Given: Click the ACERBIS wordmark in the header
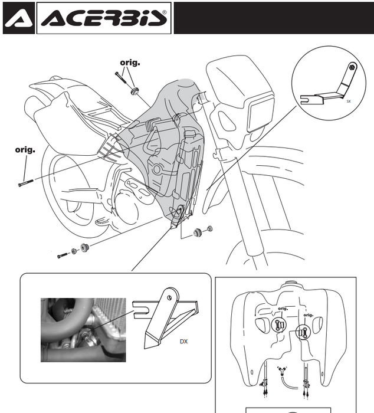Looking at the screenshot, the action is pyautogui.click(x=104, y=18).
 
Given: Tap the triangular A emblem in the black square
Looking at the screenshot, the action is pyautogui.click(x=18, y=18).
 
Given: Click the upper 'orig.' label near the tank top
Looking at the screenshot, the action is pyautogui.click(x=130, y=63).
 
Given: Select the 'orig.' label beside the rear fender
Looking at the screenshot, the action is pyautogui.click(x=25, y=150).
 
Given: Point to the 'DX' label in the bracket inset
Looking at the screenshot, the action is pyautogui.click(x=183, y=342).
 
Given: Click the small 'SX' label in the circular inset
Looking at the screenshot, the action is pyautogui.click(x=349, y=101).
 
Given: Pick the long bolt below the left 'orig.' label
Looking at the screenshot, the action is pyautogui.click(x=26, y=182).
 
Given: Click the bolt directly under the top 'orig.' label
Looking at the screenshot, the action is pyautogui.click(x=120, y=77).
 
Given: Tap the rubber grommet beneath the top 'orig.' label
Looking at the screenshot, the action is pyautogui.click(x=135, y=91).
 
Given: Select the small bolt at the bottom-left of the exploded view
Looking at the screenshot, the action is pyautogui.click(x=63, y=255).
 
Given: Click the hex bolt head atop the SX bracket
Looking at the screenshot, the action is pyautogui.click(x=352, y=67).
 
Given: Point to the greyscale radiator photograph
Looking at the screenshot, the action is pyautogui.click(x=83, y=330).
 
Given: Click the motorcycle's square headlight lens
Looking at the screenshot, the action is pyautogui.click(x=261, y=116).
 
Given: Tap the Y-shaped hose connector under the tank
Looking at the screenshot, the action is pyautogui.click(x=282, y=371).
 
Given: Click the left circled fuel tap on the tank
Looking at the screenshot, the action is pyautogui.click(x=278, y=325).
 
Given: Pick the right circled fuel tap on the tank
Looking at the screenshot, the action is pyautogui.click(x=304, y=332).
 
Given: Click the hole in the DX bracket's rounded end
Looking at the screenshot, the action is pyautogui.click(x=170, y=298).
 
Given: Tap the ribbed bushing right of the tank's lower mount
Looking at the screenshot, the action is pyautogui.click(x=197, y=233).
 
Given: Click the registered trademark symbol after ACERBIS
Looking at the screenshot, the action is pyautogui.click(x=165, y=12).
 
